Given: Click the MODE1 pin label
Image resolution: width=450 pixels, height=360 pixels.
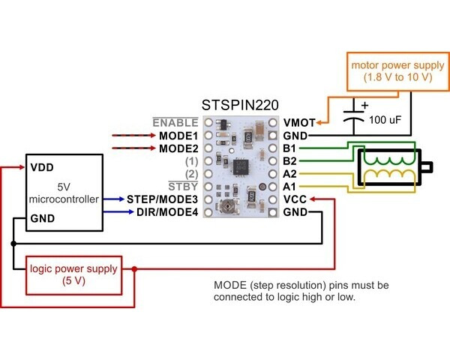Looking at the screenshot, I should click(178, 136).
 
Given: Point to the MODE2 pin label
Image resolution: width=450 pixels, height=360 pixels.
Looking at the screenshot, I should click(178, 148).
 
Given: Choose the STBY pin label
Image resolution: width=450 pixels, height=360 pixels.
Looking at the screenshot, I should click(184, 187).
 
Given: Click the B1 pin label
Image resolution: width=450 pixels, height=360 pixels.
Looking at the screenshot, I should click(290, 148).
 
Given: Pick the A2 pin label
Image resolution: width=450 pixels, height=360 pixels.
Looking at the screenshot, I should click(290, 174).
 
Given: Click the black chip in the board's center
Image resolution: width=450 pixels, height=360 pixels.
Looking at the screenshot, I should click(241, 166).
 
